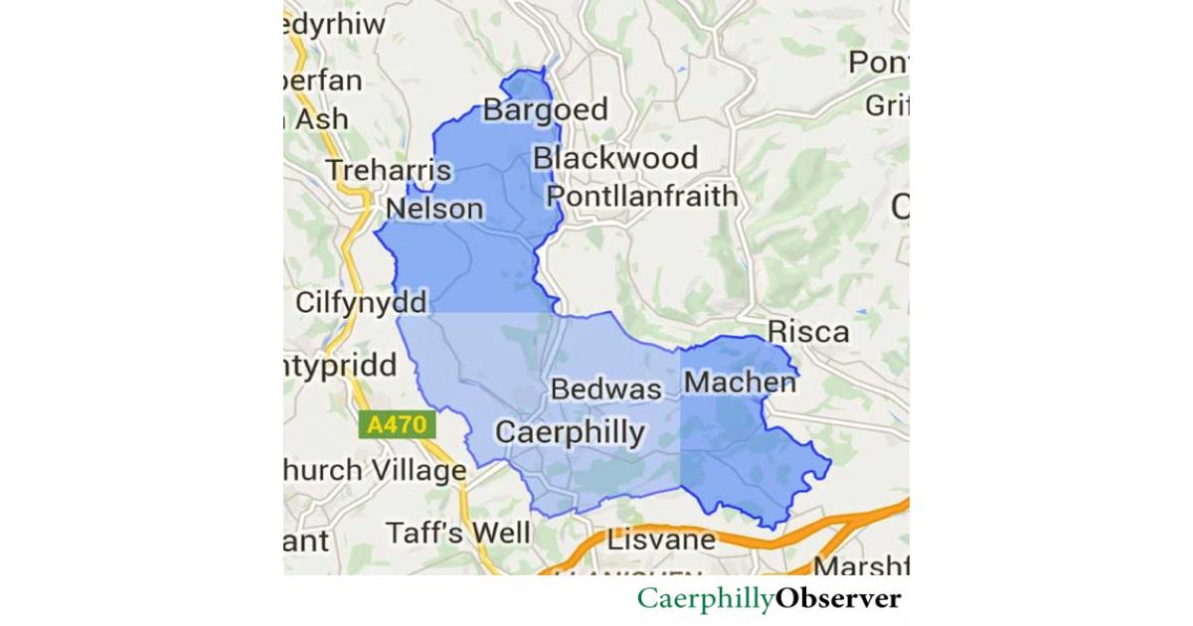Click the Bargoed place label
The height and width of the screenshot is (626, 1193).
545,109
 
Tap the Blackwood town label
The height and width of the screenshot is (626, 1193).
615,158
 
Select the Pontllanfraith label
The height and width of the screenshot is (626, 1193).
643,196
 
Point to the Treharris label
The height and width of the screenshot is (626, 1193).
389,171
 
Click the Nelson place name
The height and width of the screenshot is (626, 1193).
434,209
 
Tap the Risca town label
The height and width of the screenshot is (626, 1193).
808,331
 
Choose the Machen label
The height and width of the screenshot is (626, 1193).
741,382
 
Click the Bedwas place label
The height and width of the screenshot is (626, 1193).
605,389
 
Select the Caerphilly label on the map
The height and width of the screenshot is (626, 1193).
570,432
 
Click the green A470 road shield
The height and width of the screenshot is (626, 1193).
397,425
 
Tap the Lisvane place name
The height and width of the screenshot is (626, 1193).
661,541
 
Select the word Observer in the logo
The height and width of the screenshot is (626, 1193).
838,598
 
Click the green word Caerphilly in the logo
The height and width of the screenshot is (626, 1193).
706,599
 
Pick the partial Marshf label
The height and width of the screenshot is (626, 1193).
860,567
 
